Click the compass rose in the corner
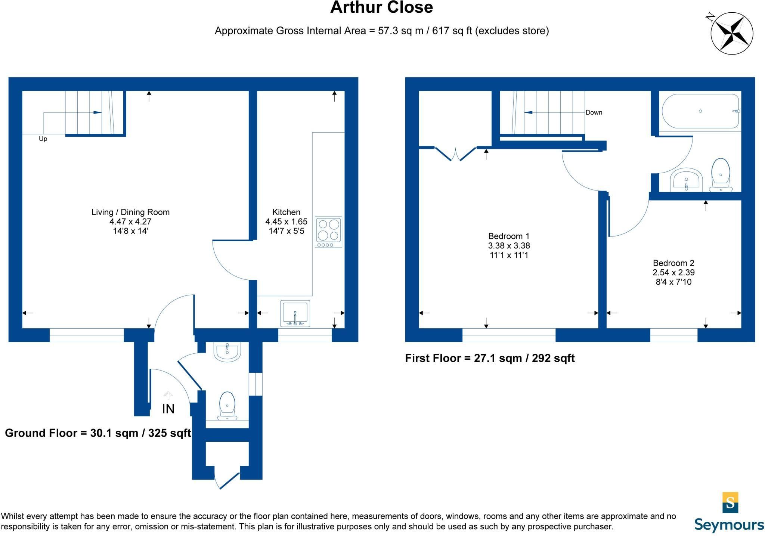[731, 33]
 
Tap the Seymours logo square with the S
[730, 502]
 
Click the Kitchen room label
[286, 212]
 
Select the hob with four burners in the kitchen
[328, 232]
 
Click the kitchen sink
[295, 313]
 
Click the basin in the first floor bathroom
[686, 180]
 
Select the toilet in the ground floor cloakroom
[227, 406]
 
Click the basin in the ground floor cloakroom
[227, 351]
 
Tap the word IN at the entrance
[168, 409]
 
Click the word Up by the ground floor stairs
[43, 139]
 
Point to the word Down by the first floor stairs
[594, 112]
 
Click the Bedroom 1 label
[509, 236]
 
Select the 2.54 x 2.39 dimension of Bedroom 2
[673, 272]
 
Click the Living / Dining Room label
[130, 212]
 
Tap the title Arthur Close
[381, 7]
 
